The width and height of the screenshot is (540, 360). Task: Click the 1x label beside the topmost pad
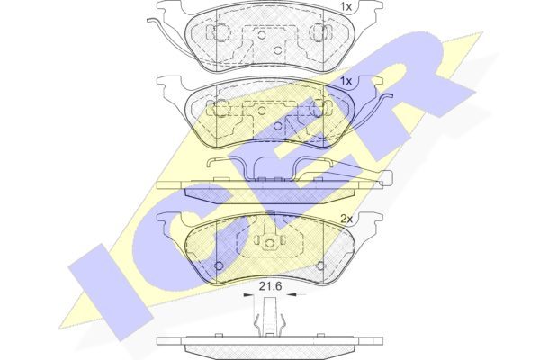pyautogui.click(x=346, y=6)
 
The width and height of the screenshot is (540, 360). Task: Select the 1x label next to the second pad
pyautogui.click(x=346, y=81)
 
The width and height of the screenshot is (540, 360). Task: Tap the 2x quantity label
pyautogui.click(x=346, y=219)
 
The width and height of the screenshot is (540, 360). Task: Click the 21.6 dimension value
pyautogui.click(x=270, y=285)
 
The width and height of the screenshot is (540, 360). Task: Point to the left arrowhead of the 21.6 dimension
pyautogui.click(x=247, y=294)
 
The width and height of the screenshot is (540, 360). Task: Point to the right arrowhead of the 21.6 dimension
pyautogui.click(x=292, y=294)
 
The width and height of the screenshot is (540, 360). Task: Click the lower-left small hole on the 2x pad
pyautogui.click(x=219, y=265)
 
